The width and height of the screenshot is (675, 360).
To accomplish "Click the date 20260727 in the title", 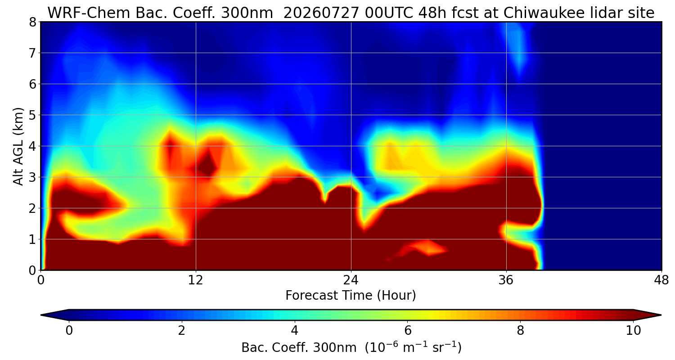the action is [x=321, y=13].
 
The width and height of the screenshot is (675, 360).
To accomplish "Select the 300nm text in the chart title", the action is [x=247, y=13].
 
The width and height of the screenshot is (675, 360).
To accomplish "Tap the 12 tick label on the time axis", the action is [x=196, y=280].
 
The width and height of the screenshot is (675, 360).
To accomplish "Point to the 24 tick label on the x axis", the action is [x=351, y=280].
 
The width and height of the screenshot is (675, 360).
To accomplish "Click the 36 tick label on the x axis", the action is [x=506, y=280].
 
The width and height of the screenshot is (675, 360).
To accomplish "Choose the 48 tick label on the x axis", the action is [x=661, y=280].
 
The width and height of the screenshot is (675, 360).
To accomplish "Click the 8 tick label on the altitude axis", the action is [x=32, y=22].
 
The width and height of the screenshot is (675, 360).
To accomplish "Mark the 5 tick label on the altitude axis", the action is [x=32, y=115].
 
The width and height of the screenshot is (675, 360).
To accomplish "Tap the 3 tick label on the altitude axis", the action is [x=32, y=177].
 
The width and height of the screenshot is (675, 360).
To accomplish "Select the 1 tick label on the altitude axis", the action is [x=32, y=239].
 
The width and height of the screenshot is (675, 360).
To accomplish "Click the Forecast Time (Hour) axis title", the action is [x=351, y=296].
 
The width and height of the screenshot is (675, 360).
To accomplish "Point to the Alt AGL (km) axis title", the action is [x=18, y=146].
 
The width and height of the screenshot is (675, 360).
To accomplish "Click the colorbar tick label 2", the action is [x=181, y=331].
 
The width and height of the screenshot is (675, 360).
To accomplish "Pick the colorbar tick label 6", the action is [x=407, y=331].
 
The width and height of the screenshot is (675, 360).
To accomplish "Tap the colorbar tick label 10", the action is [x=633, y=331].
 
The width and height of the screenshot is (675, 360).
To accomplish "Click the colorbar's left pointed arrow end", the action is [x=41, y=315].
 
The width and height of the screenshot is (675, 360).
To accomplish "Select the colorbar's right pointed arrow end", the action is [x=661, y=315].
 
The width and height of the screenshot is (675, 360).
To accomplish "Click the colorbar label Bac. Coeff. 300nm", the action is [x=299, y=348].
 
